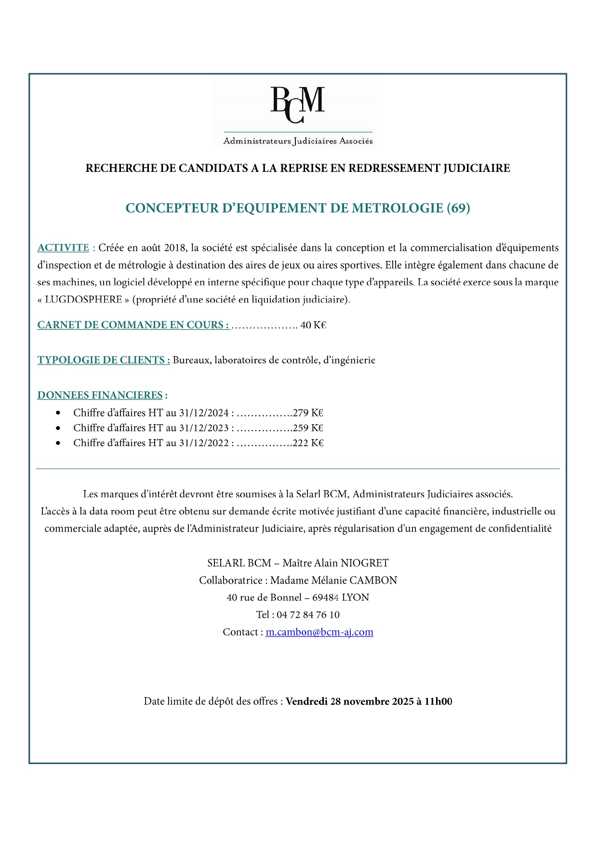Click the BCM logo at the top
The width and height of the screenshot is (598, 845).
coord(298,114)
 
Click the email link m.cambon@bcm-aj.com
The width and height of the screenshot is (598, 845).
coord(319,632)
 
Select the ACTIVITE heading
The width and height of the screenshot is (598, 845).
coord(63,247)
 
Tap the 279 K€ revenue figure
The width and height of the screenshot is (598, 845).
coord(308,413)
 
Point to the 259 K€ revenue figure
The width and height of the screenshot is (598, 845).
coord(308,428)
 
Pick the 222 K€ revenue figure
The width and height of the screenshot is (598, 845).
coord(308,442)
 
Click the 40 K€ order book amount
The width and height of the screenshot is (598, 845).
coord(313,325)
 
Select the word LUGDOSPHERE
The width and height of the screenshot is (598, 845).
coord(83,299)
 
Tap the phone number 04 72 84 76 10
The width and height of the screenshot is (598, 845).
coord(308,614)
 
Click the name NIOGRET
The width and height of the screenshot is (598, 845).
coord(365,563)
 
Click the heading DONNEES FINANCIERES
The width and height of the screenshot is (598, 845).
coord(100,395)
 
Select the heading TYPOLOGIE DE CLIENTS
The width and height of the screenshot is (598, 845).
coord(104,360)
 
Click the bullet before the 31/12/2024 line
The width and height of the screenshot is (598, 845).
coord(58,413)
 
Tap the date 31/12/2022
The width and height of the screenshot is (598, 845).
coord(204,442)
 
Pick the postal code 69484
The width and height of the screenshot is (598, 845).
coord(325,598)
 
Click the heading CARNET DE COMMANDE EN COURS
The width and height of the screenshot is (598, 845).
coord(133,325)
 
